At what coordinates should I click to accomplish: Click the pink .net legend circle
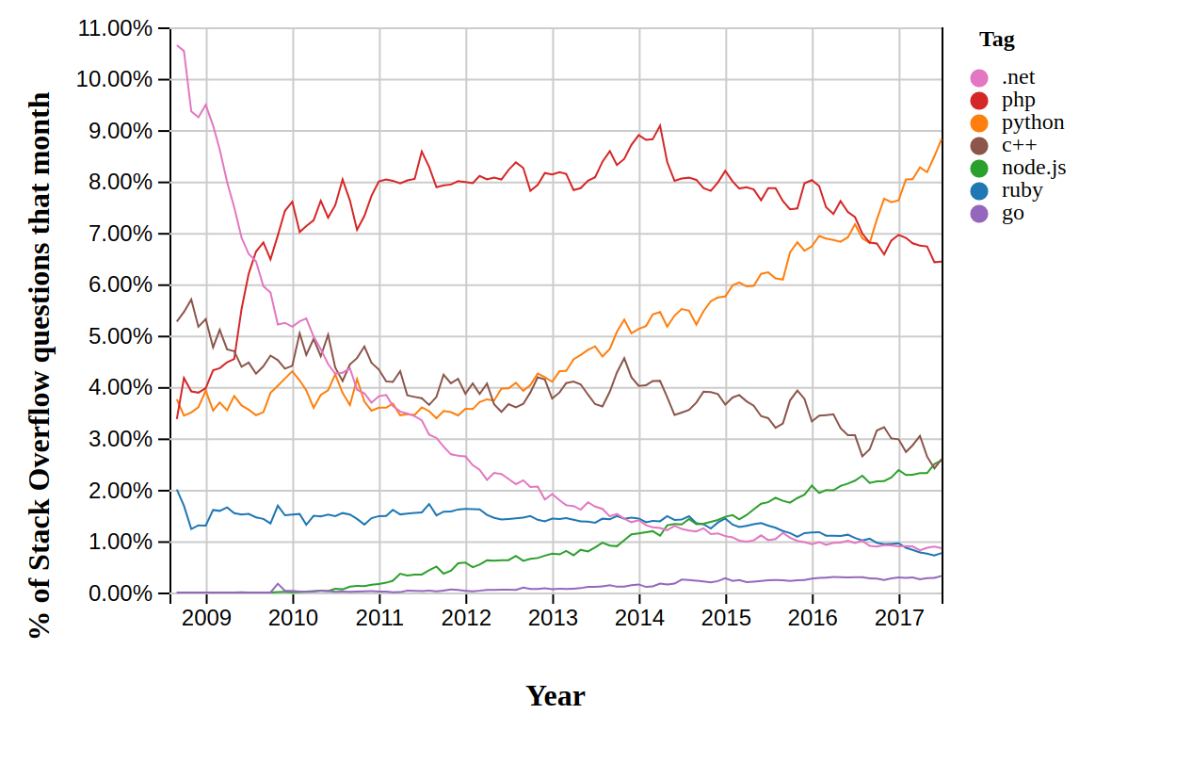click(980, 78)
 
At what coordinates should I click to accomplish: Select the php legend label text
click(1018, 100)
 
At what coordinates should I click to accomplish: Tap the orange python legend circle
click(980, 123)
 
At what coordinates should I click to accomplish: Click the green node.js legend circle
click(980, 169)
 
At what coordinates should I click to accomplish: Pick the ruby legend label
click(1022, 190)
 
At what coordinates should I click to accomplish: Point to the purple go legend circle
click(980, 214)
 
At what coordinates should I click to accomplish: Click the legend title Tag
click(996, 40)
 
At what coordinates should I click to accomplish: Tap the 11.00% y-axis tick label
click(115, 28)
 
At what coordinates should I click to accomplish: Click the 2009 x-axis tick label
click(206, 618)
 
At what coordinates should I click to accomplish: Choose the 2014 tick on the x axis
click(639, 618)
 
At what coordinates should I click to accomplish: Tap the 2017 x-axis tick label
click(899, 618)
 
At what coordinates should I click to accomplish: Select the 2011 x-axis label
click(379, 618)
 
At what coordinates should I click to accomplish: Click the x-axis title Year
click(555, 696)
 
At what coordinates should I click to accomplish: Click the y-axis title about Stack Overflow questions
click(40, 365)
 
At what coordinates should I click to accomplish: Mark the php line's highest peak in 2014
click(660, 125)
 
